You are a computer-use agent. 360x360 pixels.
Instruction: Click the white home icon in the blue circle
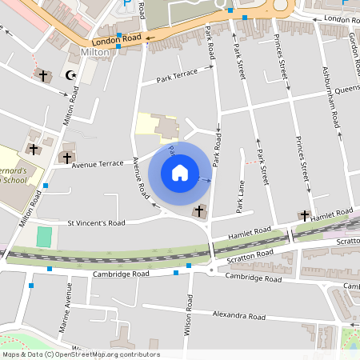[180, 173]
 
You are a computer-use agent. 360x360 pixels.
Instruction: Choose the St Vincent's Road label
[96, 223]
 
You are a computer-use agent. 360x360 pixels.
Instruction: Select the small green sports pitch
[44, 237]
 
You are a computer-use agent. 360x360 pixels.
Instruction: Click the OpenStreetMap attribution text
[80, 354]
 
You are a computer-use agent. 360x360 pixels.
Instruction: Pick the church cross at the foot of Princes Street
[304, 214]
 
